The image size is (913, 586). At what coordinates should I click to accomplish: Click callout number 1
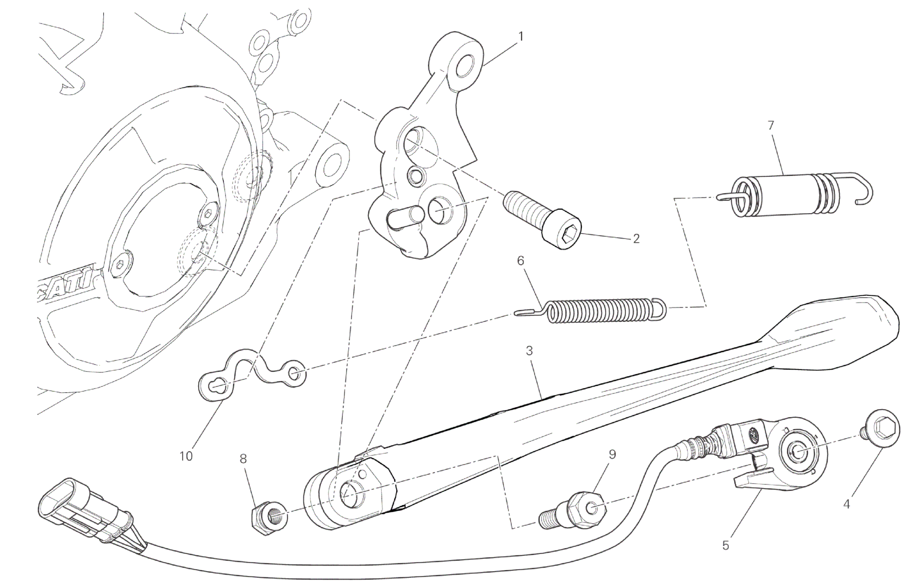coord(521,36)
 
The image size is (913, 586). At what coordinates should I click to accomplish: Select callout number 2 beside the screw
coord(636,239)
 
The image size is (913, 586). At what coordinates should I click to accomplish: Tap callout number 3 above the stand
coord(529,350)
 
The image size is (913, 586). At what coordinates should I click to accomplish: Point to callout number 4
coord(847,504)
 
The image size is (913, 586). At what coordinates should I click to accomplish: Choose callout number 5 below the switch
coord(725,545)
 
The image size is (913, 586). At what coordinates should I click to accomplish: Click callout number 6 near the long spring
coord(520,260)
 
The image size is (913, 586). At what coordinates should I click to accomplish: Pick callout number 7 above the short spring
coord(771,126)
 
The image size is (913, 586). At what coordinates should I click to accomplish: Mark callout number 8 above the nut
coord(243,459)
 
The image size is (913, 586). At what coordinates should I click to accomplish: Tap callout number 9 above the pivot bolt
coord(612,454)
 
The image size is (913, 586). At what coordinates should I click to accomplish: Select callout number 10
coord(186,456)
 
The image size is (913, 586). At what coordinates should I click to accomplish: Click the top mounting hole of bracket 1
coord(465,66)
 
